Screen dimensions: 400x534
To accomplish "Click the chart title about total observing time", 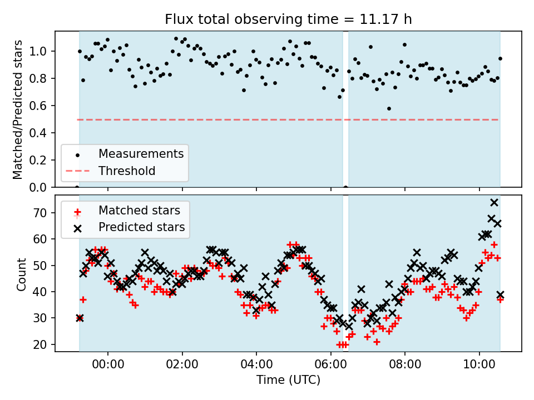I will pos(288,19).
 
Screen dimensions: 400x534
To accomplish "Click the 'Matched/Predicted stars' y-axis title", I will pos(18,109).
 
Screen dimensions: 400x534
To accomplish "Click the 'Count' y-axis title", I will pos(22,274).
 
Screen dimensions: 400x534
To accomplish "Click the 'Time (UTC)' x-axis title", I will pos(288,380).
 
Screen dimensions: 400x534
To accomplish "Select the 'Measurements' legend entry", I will pos(141,154).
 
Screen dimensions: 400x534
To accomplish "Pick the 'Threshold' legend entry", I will pos(127,171).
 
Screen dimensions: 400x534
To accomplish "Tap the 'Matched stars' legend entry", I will pos(139,211).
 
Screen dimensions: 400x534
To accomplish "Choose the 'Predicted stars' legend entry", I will pos(141,227).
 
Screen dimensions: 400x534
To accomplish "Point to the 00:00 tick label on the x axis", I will pos(108,366).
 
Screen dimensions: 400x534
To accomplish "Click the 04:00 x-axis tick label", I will pos(256,366).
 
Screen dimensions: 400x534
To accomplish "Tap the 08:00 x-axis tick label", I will pos(405,366).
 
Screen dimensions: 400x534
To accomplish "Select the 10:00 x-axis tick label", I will pos(479,366).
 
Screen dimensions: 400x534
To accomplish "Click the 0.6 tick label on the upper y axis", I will pos(41,106).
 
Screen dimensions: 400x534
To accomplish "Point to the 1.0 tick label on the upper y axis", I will pos(41,52).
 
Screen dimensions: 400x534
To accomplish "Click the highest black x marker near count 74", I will pos(494,202).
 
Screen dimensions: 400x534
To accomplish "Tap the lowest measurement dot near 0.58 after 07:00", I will pos(389,108).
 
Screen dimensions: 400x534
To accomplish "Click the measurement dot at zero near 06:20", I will pos(345,187).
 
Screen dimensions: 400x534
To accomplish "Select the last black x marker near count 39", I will pos(500,294).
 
